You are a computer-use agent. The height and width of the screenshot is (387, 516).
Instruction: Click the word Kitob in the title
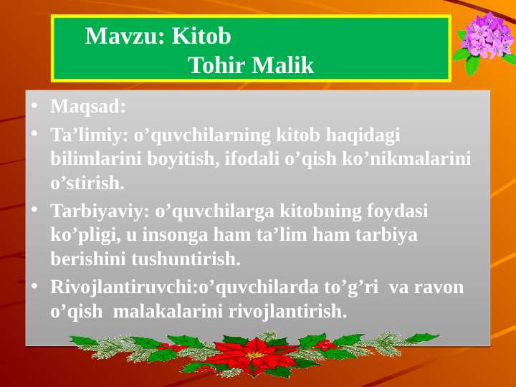pos(202,36)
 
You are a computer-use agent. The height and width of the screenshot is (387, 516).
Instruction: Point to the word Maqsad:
pos(88,107)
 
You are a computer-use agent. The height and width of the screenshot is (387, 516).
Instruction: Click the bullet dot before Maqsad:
pos(34,107)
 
